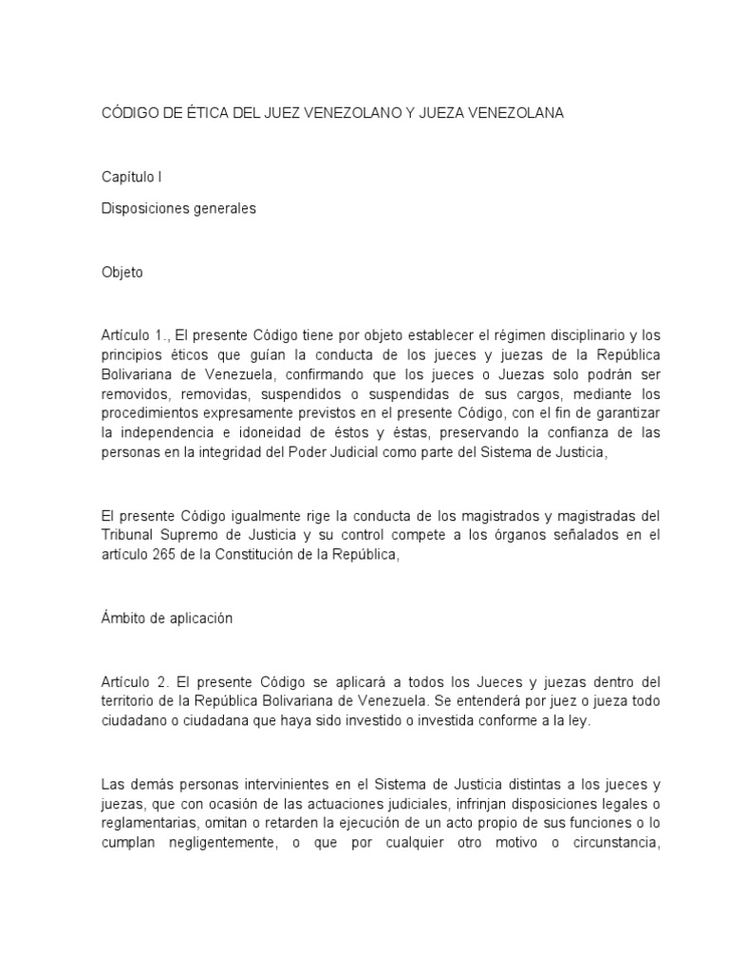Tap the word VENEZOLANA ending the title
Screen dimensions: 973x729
pos(514,113)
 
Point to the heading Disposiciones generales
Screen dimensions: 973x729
pos(178,209)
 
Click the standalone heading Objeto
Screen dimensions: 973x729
pos(121,273)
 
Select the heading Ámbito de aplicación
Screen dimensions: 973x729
pos(166,618)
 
